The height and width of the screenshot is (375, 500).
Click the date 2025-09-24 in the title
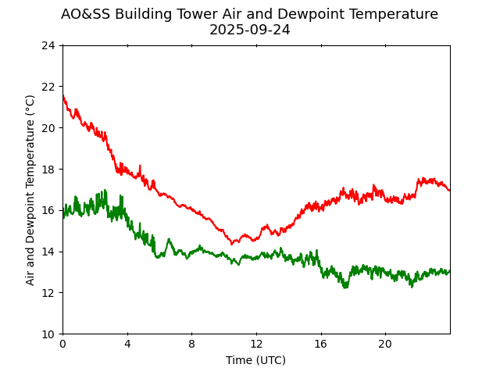[249, 30]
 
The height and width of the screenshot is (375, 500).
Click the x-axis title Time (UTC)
[255, 360]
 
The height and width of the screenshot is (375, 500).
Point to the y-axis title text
[30, 190]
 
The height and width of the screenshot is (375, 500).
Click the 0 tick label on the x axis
[62, 345]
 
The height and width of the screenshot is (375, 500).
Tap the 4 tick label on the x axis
[127, 345]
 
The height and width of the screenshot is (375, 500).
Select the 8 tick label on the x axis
[191, 345]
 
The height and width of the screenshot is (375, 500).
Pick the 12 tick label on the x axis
[256, 345]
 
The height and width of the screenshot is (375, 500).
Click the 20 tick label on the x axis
[385, 345]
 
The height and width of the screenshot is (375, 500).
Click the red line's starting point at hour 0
[63, 96]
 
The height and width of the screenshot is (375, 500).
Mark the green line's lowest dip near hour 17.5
[345, 287]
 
